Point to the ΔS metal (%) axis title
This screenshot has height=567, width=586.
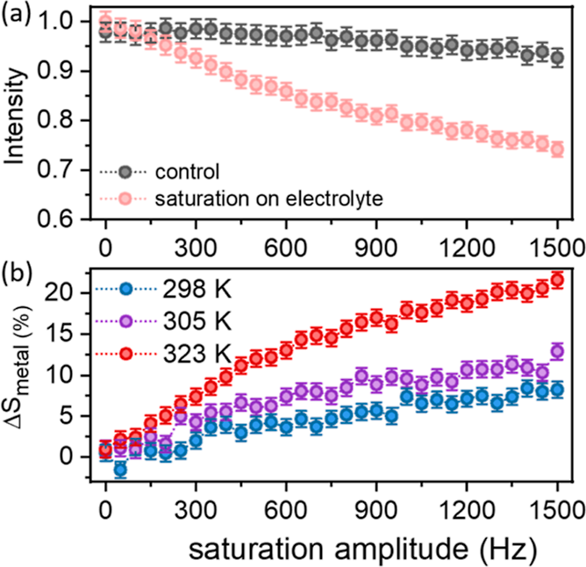tap(19, 377)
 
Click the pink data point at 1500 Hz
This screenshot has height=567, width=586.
tap(556, 149)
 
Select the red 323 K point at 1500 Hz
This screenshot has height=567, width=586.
tap(556, 280)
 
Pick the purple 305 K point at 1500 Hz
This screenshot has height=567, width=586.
tap(556, 351)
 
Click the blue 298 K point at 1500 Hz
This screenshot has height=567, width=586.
tap(556, 390)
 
